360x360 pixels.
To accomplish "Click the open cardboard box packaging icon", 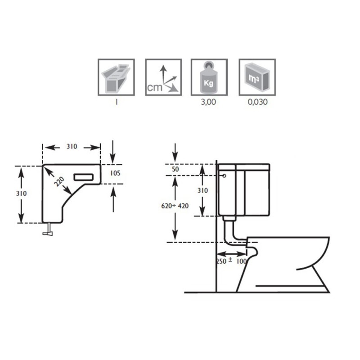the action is (x=116, y=77).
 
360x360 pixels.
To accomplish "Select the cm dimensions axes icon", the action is (x=163, y=77).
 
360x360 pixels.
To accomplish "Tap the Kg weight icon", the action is (x=209, y=77).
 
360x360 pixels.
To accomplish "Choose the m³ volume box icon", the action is (x=257, y=77).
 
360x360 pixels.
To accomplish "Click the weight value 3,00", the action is (x=208, y=102).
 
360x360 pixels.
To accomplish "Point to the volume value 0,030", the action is (x=257, y=102).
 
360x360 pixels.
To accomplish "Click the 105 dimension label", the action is (x=115, y=173).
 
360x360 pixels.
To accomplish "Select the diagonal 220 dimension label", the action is (x=59, y=182).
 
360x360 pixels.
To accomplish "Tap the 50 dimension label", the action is (x=175, y=169).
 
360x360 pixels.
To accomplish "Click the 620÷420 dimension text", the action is (x=175, y=206).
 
